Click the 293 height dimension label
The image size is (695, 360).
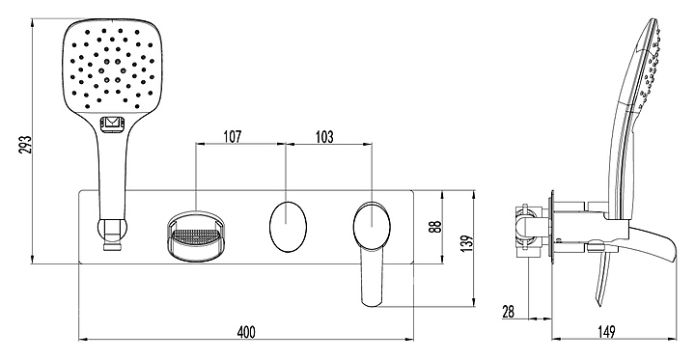pos(27,144)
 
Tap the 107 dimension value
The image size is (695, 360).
pos(233,136)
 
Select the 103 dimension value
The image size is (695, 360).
pos(324,136)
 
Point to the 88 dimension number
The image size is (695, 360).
pos(436,227)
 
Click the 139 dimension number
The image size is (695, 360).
pos(468,242)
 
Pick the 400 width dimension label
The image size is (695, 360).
pos(246,332)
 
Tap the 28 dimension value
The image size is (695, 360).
pos(509,311)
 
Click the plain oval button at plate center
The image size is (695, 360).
pos(288,226)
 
